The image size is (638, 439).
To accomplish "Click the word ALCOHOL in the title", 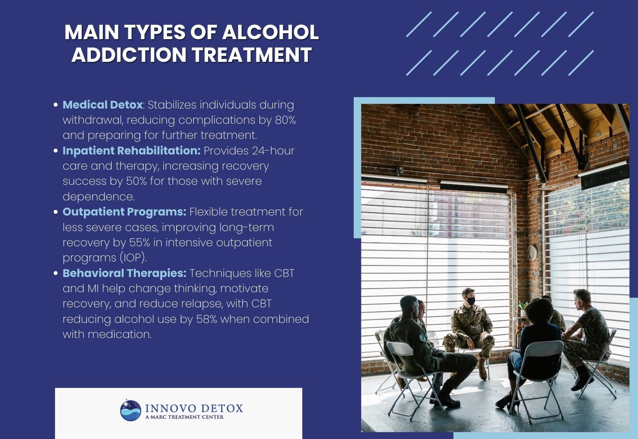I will click(x=270, y=32).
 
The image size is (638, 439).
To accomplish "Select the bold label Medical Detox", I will click(x=102, y=105).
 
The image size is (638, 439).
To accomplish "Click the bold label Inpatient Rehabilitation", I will click(x=131, y=151).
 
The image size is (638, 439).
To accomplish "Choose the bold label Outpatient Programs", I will click(x=124, y=212).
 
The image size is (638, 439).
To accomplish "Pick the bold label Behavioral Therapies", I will click(x=124, y=273).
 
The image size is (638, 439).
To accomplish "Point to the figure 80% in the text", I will click(x=285, y=120).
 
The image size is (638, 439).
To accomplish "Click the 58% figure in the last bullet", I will click(x=207, y=319).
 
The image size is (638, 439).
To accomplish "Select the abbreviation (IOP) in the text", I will click(x=134, y=258).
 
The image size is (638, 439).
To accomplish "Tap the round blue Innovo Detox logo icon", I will click(x=131, y=410).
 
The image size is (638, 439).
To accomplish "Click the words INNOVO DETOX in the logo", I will click(x=194, y=408).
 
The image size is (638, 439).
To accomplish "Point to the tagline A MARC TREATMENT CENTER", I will click(x=184, y=417).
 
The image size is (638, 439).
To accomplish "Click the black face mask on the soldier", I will click(x=471, y=301).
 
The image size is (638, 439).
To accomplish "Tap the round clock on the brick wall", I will click(x=532, y=252).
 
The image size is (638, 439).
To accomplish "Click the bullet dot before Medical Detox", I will click(x=56, y=105).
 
